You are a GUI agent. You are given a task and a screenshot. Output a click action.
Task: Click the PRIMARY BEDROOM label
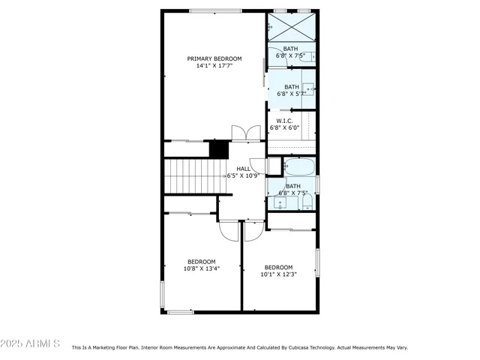coord(214,58)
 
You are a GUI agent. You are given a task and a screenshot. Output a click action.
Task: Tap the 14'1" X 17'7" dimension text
coord(214,66)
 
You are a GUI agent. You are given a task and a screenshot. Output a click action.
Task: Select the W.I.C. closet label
coord(284,121)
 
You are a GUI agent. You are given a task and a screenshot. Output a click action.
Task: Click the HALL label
coord(244,169)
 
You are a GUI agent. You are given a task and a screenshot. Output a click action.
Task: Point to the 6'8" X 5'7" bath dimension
coord(291,94)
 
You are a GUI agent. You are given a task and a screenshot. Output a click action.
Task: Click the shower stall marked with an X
coord(291,28)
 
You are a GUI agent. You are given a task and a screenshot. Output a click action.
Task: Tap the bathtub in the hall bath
coord(300,166)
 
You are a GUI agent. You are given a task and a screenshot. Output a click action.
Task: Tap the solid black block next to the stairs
coord(218,148)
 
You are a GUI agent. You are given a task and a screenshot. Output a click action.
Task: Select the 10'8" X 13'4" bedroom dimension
coord(201,268)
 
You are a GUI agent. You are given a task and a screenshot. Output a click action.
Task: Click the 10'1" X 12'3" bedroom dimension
coord(277,274)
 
